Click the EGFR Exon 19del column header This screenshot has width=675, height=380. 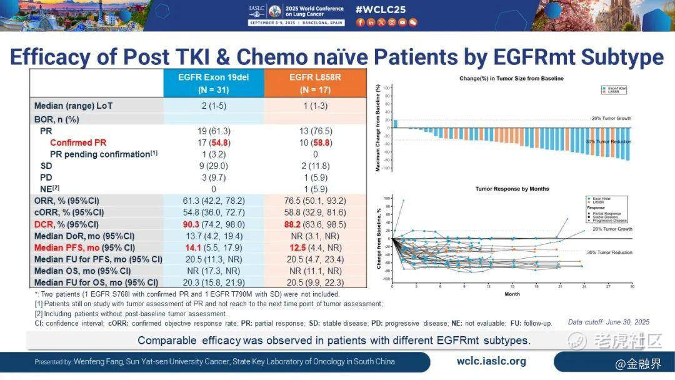tap(212, 83)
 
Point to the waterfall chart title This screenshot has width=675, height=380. tap(511, 78)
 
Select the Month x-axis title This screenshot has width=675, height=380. tap(512, 294)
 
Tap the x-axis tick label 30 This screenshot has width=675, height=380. tap(632, 287)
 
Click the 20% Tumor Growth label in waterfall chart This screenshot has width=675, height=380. tap(611, 118)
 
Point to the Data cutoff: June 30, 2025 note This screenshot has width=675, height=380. tap(608, 322)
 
